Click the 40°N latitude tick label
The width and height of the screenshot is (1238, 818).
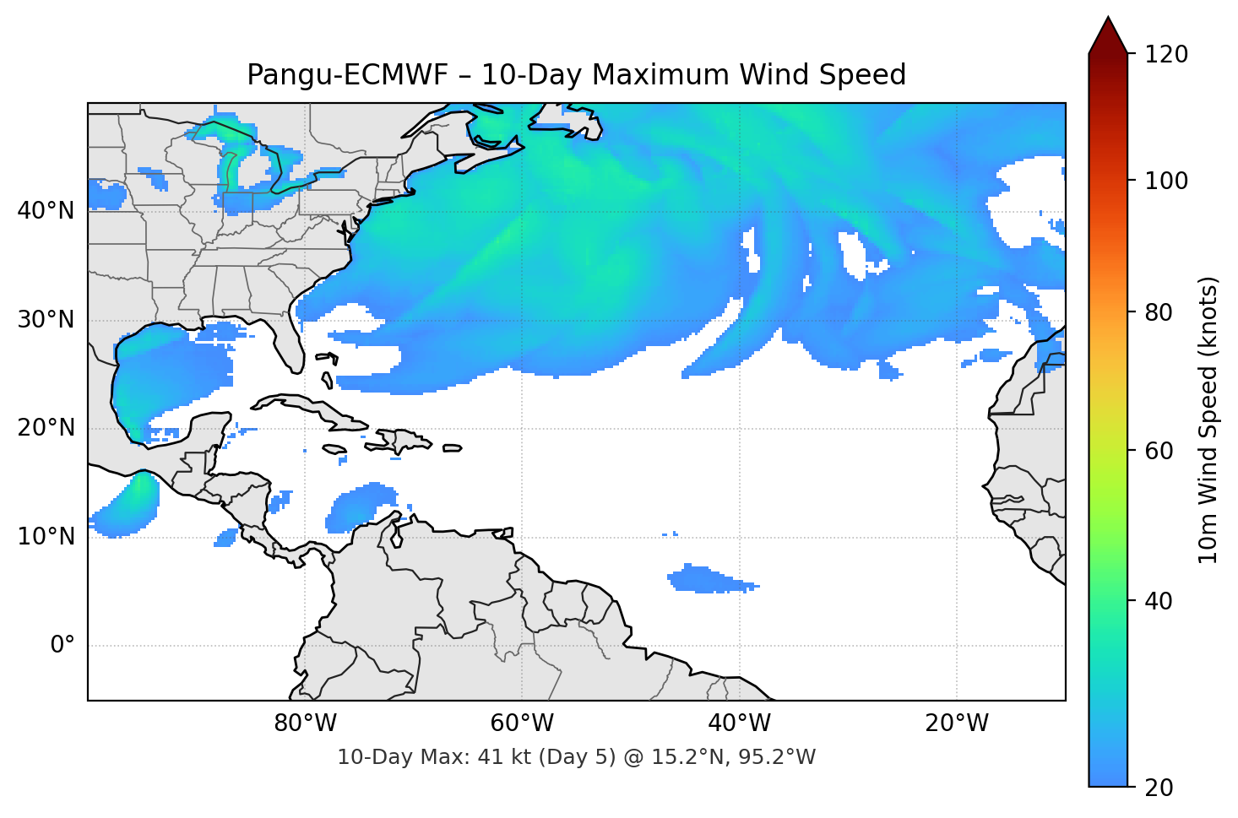[46, 211]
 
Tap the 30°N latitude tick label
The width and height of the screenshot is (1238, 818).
[46, 320]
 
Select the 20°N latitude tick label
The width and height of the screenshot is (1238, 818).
[46, 428]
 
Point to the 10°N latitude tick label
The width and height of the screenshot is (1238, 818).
[46, 537]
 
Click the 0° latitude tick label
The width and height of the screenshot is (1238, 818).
[62, 646]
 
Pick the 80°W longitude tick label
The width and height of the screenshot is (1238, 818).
[305, 723]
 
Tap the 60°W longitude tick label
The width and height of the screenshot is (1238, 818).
[522, 723]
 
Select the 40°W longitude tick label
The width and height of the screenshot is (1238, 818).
[739, 723]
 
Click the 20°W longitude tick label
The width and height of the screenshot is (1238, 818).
[957, 723]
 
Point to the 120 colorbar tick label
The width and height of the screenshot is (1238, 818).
[1166, 55]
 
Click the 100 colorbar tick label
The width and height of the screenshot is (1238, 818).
[1166, 181]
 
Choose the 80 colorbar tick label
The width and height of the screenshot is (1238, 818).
[1159, 312]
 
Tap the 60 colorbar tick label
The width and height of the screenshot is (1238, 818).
[1159, 451]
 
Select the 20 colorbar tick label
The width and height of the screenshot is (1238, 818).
[1159, 788]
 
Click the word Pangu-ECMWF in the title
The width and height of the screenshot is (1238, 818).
[347, 75]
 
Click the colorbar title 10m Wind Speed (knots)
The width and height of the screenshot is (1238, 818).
[1208, 420]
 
